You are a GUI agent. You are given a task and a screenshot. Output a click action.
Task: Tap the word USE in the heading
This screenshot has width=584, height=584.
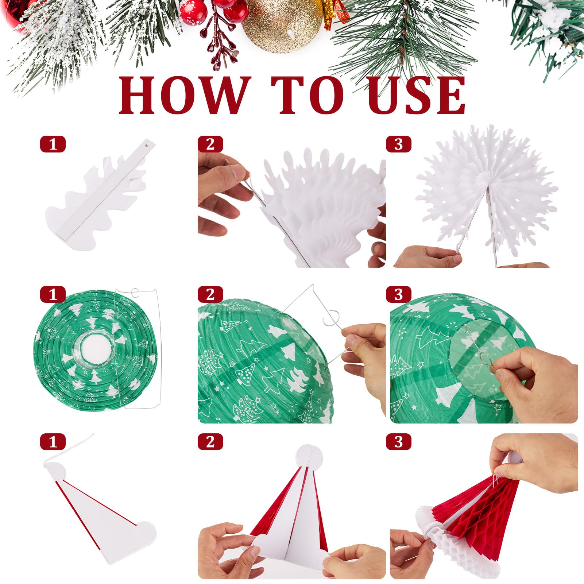coord(416,96)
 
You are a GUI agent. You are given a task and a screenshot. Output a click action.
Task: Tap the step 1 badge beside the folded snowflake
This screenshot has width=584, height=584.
coord(53,144)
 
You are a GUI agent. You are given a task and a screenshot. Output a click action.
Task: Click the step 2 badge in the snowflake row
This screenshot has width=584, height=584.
coord(210,144)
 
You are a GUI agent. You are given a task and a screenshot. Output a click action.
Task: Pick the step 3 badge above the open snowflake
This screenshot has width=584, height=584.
coord(399,144)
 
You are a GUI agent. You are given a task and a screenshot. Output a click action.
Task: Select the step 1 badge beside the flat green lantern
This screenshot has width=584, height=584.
coord(53,294)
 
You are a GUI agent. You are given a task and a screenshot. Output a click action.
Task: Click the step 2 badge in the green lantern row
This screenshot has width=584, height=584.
coord(210,294)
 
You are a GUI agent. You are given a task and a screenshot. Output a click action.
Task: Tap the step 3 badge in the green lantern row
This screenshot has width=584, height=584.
coord(399,294)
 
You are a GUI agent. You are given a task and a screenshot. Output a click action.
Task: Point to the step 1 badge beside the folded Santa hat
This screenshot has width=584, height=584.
coord(53,442)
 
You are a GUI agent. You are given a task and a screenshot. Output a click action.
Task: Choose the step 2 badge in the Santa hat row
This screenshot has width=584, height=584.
coord(210,442)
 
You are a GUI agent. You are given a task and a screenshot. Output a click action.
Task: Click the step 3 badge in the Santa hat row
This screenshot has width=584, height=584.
coord(399,442)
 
